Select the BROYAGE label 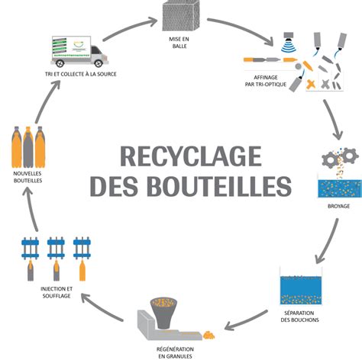335,205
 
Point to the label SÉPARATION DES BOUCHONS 299,315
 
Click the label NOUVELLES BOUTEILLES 29,177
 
